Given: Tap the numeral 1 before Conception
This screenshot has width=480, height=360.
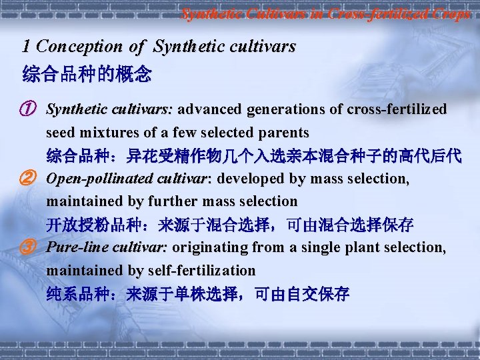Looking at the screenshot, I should [x=26, y=47].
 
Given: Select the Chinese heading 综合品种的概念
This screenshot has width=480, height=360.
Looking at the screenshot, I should [x=87, y=73].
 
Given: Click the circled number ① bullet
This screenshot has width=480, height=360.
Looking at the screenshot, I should [x=28, y=109].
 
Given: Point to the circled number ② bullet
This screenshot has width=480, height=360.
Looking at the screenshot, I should [x=28, y=179].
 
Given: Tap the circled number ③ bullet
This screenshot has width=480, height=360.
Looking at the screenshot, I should [x=28, y=248].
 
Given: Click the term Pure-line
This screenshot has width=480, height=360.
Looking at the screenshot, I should [x=74, y=248].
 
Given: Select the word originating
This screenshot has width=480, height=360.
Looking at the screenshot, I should [x=214, y=248].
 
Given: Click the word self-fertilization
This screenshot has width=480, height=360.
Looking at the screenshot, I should [x=199, y=271].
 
